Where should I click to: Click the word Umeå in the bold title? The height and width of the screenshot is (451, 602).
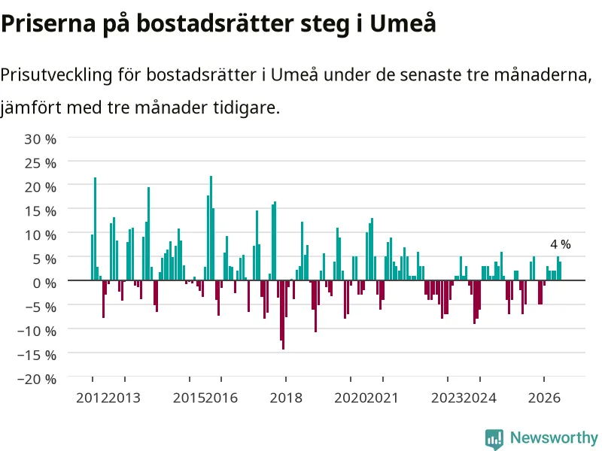coord(403,23)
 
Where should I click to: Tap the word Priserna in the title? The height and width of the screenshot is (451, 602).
coord(48,25)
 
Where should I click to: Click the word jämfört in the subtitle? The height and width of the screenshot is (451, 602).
coord(31,107)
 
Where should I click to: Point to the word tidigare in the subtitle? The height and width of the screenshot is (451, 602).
coord(247,107)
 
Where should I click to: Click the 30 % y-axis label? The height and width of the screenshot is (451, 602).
coord(41,139)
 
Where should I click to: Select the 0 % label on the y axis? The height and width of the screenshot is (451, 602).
coord(44,283)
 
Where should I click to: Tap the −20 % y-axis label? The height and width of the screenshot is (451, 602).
coord(37,379)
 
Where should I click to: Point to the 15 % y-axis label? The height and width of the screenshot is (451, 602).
coord(41,211)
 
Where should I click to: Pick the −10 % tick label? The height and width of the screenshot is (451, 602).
coord(37,331)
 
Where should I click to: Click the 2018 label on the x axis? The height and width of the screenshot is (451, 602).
coord(286,398)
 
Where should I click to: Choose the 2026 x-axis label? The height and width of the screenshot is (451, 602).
coord(544,398)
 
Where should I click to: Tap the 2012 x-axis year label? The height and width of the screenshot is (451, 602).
coord(92,398)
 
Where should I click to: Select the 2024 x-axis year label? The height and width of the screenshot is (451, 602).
coord(480,398)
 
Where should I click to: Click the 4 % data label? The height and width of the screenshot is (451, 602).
coord(561,244)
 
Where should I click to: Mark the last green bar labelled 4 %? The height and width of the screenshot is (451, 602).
coord(560,271)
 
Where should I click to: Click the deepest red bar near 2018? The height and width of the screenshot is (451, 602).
coord(284,315)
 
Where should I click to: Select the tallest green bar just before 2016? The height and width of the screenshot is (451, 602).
coord(211,229)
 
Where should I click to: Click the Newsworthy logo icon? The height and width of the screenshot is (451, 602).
coord(494,439)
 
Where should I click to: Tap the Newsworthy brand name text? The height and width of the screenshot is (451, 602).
coord(554,437)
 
